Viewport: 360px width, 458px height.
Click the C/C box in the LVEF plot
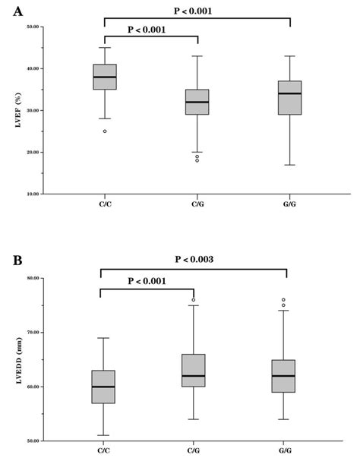point(104,77)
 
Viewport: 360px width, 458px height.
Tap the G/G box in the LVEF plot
point(290,98)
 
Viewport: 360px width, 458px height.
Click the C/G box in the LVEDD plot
point(194,370)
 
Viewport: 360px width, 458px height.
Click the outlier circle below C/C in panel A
point(104,131)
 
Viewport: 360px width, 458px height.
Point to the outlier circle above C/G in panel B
point(194,300)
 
